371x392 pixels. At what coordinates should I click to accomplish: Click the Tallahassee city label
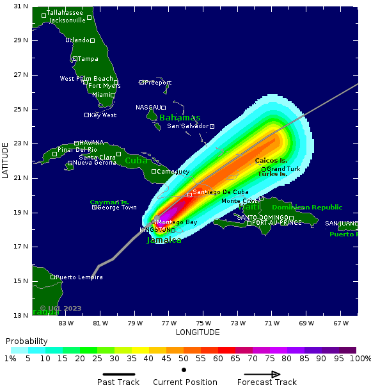65,13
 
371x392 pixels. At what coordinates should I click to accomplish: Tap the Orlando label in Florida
77,40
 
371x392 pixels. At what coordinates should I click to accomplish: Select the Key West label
103,115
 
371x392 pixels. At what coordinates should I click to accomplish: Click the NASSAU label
148,108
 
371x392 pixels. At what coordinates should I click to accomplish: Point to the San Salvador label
188,126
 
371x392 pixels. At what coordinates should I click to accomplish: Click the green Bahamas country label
180,118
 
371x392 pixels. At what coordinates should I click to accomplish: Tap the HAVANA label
91,143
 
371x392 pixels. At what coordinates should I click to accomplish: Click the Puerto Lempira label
79,277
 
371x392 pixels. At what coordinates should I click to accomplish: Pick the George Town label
117,208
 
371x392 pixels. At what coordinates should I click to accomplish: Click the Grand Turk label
283,169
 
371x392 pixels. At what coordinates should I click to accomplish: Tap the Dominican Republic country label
307,208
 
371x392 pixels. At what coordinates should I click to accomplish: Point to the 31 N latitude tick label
20,6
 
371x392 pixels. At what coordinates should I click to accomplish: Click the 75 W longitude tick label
204,322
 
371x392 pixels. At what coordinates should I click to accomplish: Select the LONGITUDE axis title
198,332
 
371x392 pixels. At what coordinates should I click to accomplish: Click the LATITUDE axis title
5,161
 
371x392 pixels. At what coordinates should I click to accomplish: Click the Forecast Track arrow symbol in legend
262,375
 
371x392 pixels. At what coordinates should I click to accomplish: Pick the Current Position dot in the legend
184,370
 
